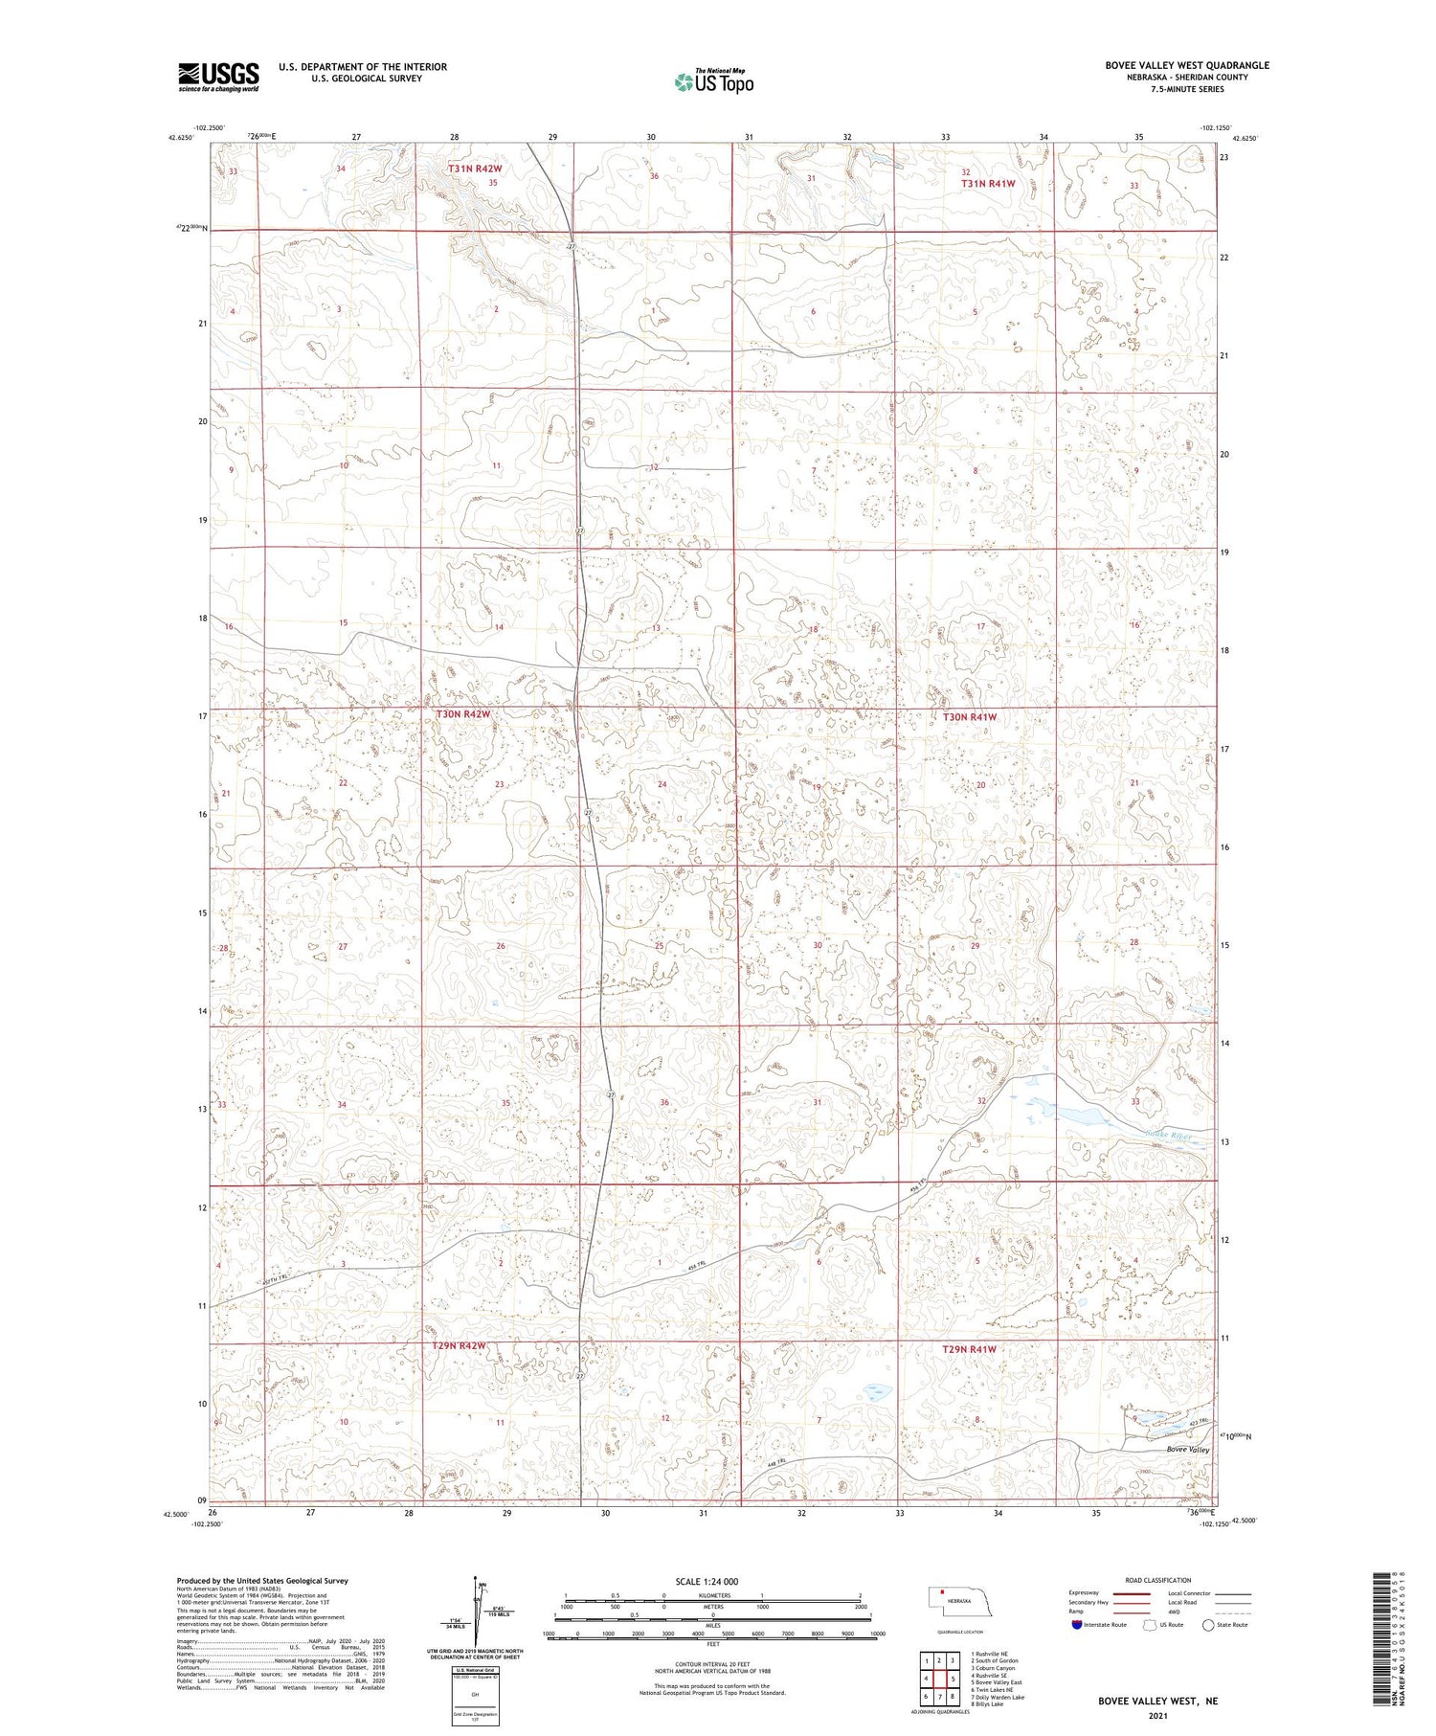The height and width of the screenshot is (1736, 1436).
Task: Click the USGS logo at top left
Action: pos(218,77)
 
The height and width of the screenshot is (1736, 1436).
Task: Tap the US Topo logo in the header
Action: pos(713,82)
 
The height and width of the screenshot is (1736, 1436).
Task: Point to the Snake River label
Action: pos(1170,1136)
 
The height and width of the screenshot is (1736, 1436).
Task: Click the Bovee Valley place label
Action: pos(1188,1450)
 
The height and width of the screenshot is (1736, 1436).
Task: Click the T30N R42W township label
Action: pos(463,714)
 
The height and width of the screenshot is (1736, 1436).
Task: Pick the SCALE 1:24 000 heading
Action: pos(712,1581)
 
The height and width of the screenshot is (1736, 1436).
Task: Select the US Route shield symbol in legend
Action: pos(1150,1625)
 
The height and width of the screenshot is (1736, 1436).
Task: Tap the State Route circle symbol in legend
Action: pos(1209,1625)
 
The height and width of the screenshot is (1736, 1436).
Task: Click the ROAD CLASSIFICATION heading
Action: pos(1156,1580)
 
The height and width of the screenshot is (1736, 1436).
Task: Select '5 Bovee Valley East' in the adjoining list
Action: pos(996,1681)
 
